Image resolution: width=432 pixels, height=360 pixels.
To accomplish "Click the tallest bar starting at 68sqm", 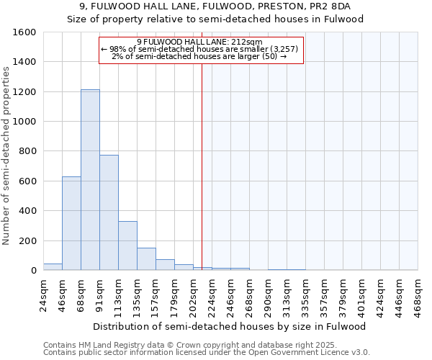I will (x=90, y=180).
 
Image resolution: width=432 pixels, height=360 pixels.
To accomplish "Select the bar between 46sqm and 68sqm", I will (x=71, y=223).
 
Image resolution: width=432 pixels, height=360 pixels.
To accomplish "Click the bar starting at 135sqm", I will (x=146, y=259).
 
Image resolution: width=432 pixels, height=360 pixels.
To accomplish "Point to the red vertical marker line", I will (x=202, y=166).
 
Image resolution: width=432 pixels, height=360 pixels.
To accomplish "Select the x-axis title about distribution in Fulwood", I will (x=230, y=326).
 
